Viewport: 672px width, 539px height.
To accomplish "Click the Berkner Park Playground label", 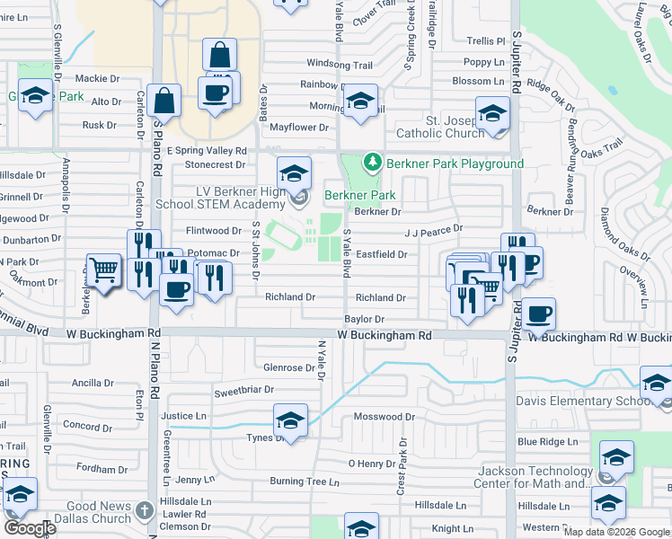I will (455, 163).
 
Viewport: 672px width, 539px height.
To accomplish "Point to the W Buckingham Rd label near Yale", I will (385, 335).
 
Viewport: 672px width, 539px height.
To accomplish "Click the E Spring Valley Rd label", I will (206, 151).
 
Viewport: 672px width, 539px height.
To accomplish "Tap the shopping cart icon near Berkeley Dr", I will (104, 270).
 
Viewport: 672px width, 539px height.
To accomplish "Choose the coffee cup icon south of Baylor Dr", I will (539, 314).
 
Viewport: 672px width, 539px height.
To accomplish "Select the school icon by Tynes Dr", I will (290, 421).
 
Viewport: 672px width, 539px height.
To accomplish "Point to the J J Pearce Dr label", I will (433, 229).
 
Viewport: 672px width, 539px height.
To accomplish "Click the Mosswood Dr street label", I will (384, 417).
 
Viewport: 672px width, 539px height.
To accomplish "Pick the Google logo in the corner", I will (30, 528).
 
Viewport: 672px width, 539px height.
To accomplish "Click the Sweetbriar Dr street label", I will (243, 392).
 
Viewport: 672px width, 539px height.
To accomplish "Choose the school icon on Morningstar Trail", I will (360, 102).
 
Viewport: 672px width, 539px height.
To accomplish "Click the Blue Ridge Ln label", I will (547, 441).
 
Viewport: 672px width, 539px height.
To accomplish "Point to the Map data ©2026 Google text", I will (616, 532).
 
